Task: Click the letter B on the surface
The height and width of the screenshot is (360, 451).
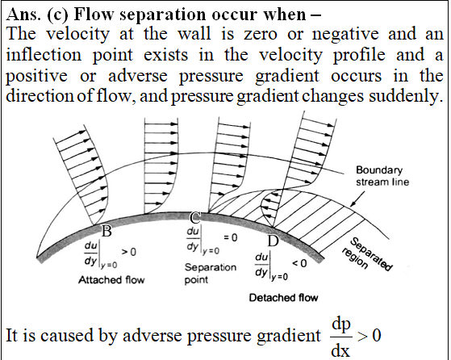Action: [x=106, y=231]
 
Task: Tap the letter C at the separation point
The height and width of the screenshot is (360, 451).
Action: [x=195, y=218]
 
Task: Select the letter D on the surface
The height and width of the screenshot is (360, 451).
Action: [x=273, y=241]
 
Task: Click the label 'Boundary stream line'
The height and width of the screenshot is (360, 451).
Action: [x=382, y=176]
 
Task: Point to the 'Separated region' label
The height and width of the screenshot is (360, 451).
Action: [x=367, y=254]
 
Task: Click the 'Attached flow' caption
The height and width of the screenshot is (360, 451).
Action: [x=111, y=280]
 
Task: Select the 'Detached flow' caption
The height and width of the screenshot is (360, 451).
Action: [x=283, y=298]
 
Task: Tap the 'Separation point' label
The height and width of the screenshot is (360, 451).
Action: [x=211, y=274]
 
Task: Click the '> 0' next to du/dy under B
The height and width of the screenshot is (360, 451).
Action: [x=128, y=252]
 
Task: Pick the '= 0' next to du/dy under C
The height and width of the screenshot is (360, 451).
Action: [x=231, y=237]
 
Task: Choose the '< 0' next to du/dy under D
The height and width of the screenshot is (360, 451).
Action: [x=299, y=263]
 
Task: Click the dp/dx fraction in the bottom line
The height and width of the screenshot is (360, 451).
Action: [x=341, y=337]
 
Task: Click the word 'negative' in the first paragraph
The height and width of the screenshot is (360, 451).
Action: [x=345, y=35]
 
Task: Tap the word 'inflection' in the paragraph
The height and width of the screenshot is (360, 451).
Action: [x=44, y=54]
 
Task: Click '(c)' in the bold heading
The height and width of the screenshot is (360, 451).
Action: [x=57, y=15]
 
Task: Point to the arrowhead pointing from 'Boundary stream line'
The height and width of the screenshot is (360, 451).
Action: [x=353, y=204]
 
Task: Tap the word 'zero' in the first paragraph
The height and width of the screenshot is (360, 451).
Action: [x=261, y=35]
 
